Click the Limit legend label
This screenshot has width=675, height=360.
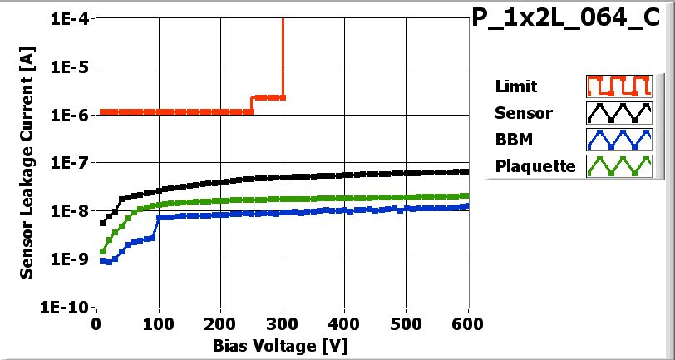pyautogui.click(x=515, y=86)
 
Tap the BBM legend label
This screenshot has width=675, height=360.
pyautogui.click(x=511, y=140)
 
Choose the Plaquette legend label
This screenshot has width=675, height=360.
pyautogui.click(x=535, y=166)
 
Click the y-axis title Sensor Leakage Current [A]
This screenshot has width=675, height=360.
pyautogui.click(x=27, y=162)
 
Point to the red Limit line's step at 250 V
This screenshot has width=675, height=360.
pyautogui.click(x=252, y=104)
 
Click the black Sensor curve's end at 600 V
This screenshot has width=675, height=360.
pyautogui.click(x=466, y=171)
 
